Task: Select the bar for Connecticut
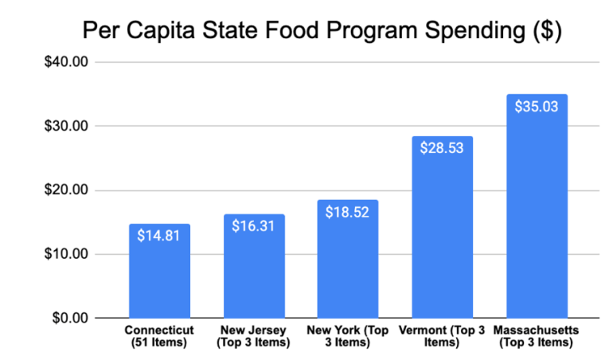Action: pos(159,279)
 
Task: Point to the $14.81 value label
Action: pos(159,236)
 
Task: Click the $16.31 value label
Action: pos(254,226)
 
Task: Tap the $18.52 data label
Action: pos(348,212)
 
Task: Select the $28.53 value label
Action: pos(442,148)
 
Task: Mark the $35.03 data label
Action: pos(537,106)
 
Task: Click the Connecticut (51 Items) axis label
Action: pos(159,337)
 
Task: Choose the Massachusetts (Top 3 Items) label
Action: pos(537,337)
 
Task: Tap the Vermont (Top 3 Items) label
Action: pos(442,337)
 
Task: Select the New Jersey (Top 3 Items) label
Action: pos(254,337)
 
